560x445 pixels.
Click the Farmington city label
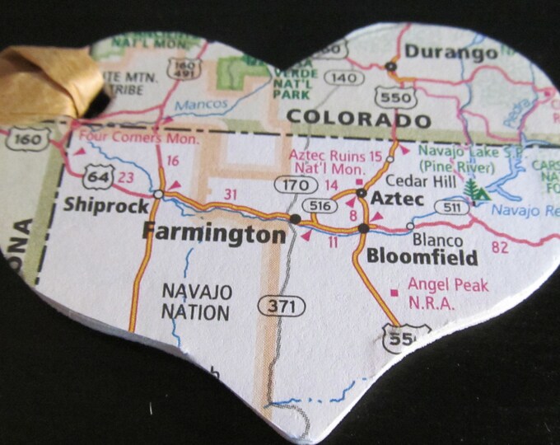click(x=213, y=232)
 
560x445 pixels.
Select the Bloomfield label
click(x=422, y=257)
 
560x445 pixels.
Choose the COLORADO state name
click(x=358, y=119)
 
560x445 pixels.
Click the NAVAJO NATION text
click(x=195, y=302)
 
